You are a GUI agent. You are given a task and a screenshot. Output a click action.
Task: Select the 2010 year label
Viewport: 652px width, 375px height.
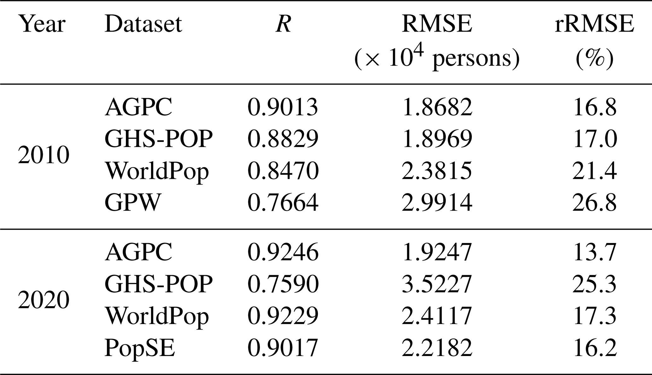pyautogui.click(x=44, y=155)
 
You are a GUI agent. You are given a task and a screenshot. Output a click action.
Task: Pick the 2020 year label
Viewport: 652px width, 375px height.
pyautogui.click(x=44, y=300)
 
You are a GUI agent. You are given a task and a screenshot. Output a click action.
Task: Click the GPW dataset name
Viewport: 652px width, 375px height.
pyautogui.click(x=133, y=202)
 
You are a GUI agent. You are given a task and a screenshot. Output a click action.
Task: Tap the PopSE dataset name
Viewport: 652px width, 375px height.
pyautogui.click(x=140, y=348)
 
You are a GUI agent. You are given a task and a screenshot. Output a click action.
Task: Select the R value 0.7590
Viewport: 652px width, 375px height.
pyautogui.click(x=283, y=284)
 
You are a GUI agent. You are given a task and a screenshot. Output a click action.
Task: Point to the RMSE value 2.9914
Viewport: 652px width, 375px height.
pyautogui.click(x=437, y=202)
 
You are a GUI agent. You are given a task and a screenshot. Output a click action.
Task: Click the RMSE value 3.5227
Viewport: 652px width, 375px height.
pyautogui.click(x=437, y=284)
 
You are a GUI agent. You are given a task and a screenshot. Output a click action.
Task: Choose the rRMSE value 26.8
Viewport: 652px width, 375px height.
pyautogui.click(x=595, y=202)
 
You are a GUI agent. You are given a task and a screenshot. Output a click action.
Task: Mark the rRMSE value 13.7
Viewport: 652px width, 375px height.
pyautogui.click(x=595, y=252)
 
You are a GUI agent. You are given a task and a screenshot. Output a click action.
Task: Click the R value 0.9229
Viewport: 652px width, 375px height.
pyautogui.click(x=283, y=316)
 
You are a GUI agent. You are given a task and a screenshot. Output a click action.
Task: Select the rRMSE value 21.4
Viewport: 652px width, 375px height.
pyautogui.click(x=595, y=171)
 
